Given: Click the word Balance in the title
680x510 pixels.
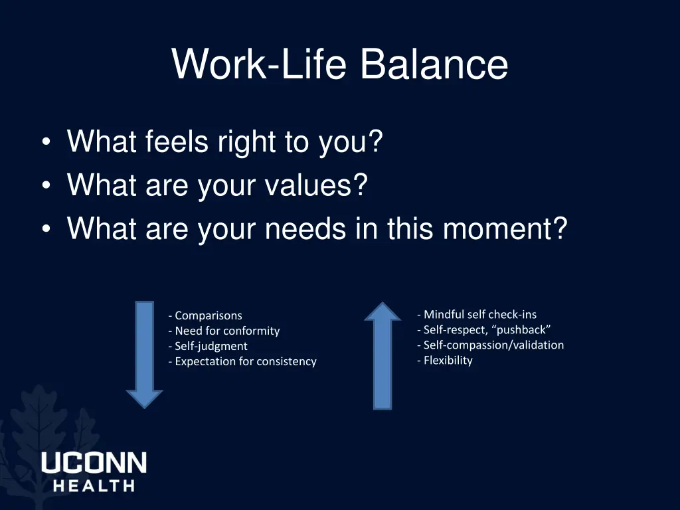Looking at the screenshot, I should pos(434,64).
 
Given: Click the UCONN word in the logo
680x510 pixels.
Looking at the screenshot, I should pos(94,463).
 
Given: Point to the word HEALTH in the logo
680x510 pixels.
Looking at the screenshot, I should pos(94,485).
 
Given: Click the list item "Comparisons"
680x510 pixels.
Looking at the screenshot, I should pos(206,315).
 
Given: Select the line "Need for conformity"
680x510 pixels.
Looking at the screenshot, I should pos(224,331).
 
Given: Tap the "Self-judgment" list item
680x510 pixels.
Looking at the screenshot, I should pos(208,346).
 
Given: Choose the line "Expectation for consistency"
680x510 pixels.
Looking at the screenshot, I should pos(243,361).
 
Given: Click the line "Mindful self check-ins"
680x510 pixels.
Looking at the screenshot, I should pos(477,314).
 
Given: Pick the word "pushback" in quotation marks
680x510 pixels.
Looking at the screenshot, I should pos(522,329).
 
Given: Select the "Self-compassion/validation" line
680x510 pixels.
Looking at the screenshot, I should pos(491,345).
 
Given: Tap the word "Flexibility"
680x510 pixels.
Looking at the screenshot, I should pos(446,360).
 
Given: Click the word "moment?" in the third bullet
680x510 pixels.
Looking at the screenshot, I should pos(505,229).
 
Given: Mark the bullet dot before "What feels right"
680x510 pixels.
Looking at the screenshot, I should pos(45,143).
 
